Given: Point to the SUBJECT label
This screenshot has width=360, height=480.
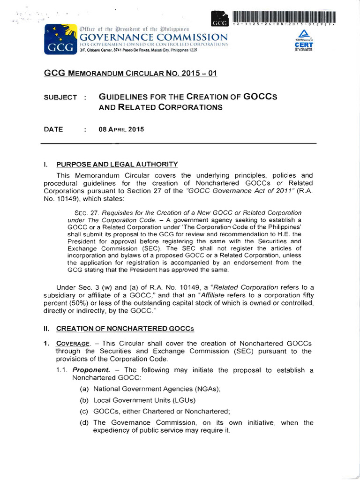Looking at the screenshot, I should point(60,97).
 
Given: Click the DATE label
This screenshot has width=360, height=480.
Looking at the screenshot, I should point(53,129).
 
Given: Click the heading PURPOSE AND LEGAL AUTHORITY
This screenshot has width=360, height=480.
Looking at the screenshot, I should point(117,164).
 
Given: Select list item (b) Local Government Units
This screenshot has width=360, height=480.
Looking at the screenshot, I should point(137,400).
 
